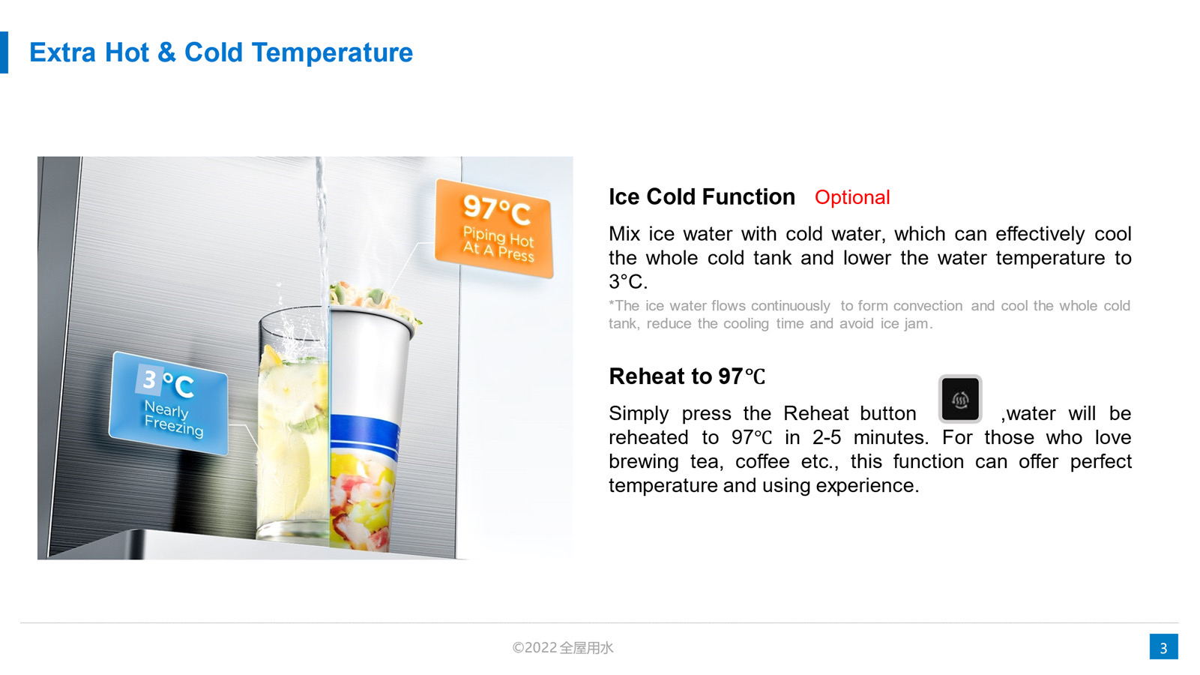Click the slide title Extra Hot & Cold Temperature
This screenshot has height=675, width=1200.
(220, 52)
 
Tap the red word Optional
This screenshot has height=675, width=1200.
(851, 197)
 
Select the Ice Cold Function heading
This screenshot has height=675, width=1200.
(702, 196)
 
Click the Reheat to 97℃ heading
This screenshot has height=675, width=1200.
(687, 376)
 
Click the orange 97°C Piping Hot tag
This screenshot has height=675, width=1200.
(494, 229)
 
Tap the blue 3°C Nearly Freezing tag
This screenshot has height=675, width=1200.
(169, 403)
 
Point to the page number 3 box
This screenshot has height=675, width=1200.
(1163, 646)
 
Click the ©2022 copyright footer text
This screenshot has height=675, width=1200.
(562, 648)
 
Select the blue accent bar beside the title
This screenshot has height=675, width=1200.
(4, 52)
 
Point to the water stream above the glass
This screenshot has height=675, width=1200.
(322, 230)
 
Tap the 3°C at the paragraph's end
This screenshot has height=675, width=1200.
(628, 281)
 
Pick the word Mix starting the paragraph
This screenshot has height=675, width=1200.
(624, 234)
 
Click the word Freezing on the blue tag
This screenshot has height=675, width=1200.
(174, 426)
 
